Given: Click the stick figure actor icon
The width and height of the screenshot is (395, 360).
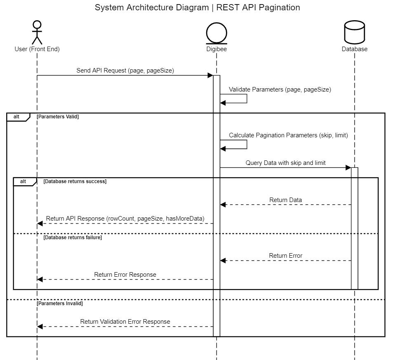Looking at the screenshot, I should [x=37, y=32].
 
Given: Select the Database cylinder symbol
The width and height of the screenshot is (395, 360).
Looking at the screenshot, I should [x=354, y=32].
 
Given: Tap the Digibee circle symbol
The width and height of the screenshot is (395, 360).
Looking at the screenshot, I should [x=216, y=33].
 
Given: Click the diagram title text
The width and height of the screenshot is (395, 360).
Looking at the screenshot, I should [x=197, y=7].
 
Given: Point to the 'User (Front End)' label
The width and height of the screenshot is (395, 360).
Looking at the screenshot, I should [x=37, y=49].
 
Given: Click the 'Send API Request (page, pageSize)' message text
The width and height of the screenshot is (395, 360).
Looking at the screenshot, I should [x=125, y=71].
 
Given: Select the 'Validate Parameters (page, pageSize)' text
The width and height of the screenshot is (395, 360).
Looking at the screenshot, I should [x=280, y=89].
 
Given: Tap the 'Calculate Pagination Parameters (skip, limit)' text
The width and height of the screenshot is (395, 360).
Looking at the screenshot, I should [x=289, y=135].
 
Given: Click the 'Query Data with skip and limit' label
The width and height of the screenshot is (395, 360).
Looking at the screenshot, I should [x=286, y=163].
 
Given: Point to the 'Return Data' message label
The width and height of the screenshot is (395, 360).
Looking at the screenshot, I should [x=286, y=200].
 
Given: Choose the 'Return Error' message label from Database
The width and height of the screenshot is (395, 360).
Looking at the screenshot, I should [x=286, y=256].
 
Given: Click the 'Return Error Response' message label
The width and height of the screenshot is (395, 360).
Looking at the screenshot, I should [x=125, y=275].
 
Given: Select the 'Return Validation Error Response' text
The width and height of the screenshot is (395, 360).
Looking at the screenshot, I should [x=125, y=322].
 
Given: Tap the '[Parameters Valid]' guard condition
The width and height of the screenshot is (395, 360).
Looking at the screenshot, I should [x=58, y=117].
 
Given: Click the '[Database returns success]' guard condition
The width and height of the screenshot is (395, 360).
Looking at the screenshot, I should [x=75, y=181].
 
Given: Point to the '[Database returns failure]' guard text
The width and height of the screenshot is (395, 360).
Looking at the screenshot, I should [x=73, y=238].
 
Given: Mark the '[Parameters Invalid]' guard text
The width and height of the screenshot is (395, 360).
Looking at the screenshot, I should [x=59, y=304].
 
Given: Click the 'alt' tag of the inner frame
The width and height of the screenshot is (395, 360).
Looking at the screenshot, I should [x=23, y=181].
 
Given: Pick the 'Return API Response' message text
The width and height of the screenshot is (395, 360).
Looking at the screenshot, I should [x=125, y=219].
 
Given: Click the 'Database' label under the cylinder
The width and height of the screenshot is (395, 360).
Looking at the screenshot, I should [x=355, y=49].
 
